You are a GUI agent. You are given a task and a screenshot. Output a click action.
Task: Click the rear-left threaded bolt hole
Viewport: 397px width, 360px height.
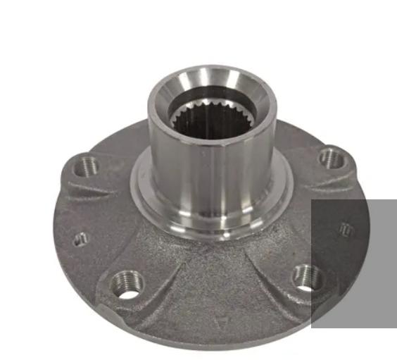coord(88,166)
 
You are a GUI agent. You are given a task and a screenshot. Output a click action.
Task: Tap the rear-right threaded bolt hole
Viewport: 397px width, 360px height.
coord(331,159)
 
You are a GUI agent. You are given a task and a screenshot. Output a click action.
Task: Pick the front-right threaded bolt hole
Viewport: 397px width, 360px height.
coord(307,277)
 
